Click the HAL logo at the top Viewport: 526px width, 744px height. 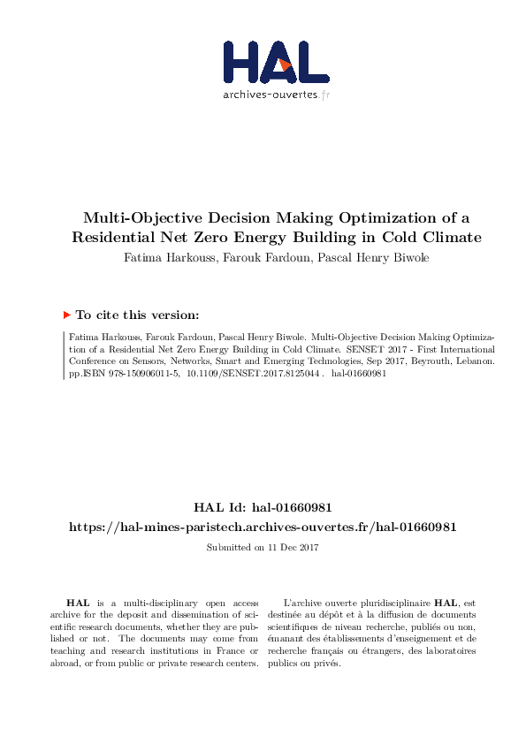click(275, 61)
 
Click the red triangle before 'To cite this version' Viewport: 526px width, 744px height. click(65, 314)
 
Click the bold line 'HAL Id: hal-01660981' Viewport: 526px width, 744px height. click(263, 507)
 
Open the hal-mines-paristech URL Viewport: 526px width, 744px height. click(263, 527)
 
